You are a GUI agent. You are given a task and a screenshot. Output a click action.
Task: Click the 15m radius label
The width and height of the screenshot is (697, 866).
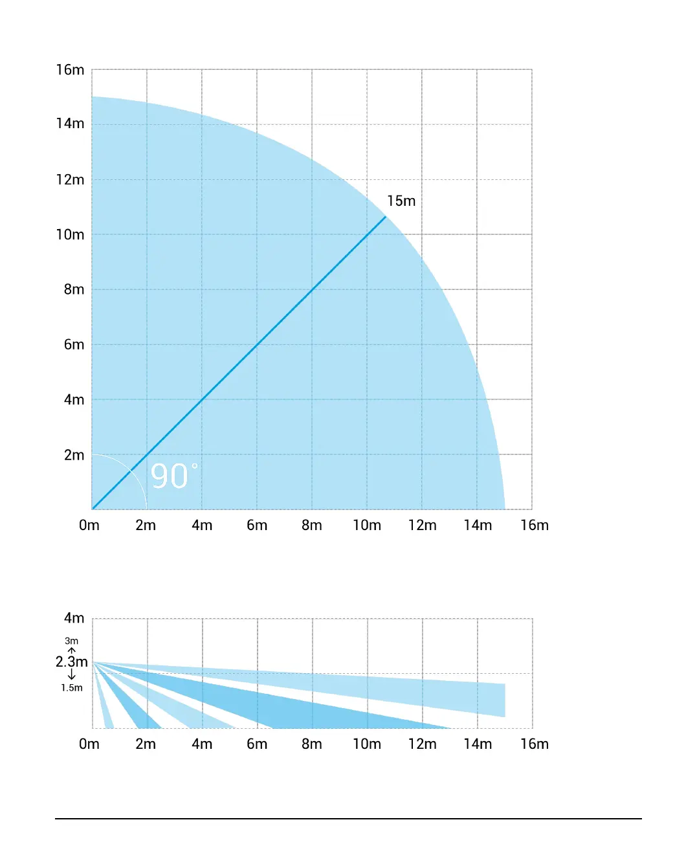(x=401, y=201)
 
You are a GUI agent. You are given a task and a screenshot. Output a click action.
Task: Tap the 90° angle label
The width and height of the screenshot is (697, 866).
(x=173, y=476)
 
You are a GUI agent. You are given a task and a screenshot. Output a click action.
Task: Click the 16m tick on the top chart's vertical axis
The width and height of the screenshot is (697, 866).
(x=70, y=70)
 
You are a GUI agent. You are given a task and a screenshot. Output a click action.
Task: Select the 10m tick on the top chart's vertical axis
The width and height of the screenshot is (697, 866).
(x=70, y=234)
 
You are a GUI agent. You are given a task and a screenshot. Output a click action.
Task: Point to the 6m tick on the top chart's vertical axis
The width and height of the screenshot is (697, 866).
(x=74, y=344)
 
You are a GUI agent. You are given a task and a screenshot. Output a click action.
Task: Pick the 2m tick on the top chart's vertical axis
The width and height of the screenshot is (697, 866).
(x=74, y=455)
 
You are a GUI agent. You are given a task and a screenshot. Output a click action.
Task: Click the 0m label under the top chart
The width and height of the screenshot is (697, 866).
(x=89, y=525)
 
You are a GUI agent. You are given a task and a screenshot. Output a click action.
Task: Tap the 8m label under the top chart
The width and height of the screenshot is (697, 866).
(x=312, y=525)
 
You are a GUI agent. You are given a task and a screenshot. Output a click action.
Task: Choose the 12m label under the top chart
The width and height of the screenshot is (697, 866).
(x=422, y=525)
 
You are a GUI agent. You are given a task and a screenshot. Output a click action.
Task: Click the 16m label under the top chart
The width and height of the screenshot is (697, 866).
(x=535, y=525)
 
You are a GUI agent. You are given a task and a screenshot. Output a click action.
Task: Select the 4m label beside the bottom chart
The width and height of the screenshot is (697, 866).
(x=74, y=618)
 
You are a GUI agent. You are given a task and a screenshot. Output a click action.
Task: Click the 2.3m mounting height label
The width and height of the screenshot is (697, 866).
(x=71, y=661)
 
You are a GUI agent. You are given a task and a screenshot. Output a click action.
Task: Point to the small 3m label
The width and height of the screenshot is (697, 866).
(x=71, y=641)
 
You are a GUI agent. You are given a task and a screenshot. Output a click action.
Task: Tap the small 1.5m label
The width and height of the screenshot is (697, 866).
(x=72, y=688)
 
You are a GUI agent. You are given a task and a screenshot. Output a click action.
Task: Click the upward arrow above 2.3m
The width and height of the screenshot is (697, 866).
(x=71, y=650)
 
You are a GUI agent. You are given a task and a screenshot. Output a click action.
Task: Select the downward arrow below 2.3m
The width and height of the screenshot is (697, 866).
(x=71, y=675)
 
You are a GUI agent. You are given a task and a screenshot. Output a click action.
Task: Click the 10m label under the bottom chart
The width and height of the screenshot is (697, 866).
(x=367, y=744)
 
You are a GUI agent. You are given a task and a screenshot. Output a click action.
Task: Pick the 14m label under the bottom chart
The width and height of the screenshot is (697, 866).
(x=478, y=744)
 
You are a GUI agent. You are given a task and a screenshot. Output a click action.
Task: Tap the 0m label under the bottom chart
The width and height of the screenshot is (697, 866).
(x=89, y=744)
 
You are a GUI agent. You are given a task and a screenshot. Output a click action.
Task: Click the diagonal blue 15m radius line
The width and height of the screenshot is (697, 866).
(x=258, y=344)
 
